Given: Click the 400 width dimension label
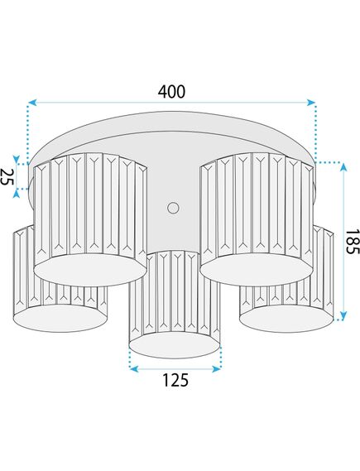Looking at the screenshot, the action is coord(172,92).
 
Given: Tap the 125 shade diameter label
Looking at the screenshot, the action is coord(175,380).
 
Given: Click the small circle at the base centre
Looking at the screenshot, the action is coord(173,208).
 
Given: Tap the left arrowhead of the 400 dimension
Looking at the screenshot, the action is coord(32,103).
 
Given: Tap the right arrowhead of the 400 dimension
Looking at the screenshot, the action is coord(311,103).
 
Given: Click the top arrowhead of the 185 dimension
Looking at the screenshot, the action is coord(343,167).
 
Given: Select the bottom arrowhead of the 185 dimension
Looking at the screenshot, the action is coord(343,315).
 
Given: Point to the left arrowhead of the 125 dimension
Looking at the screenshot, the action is coord(134,369).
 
